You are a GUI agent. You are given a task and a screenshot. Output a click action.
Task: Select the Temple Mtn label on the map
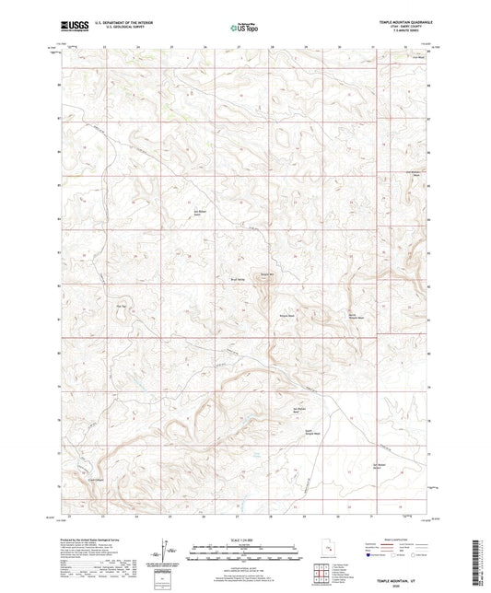(264, 273)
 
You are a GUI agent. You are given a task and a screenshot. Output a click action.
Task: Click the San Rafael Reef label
(299, 410)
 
